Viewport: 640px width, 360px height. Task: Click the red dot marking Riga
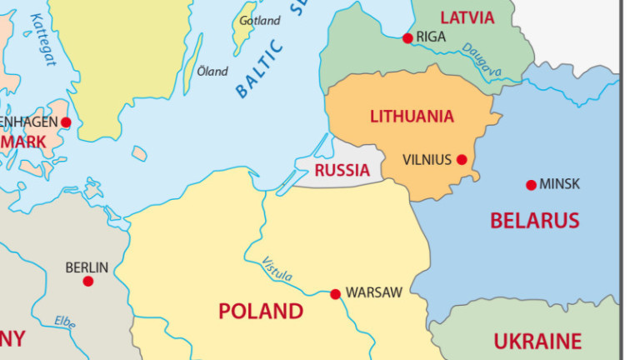click(x=407, y=37)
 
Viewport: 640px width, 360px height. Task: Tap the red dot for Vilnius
click(x=461, y=159)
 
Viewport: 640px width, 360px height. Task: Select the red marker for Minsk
click(x=531, y=184)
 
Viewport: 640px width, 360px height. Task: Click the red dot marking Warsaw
click(x=335, y=293)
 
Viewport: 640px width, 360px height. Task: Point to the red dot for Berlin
click(x=87, y=281)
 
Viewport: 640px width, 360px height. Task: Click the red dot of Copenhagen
click(x=66, y=122)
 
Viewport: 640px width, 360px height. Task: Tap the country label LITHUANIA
click(x=412, y=117)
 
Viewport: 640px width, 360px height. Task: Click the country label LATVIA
click(x=467, y=17)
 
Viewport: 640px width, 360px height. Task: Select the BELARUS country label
click(x=534, y=221)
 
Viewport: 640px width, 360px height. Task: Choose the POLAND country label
click(x=260, y=312)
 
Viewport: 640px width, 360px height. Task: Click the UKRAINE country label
click(x=537, y=341)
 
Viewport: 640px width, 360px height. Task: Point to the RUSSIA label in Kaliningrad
click(x=342, y=171)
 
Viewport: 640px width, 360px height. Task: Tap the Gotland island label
click(x=259, y=20)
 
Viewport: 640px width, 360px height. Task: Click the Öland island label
click(x=212, y=72)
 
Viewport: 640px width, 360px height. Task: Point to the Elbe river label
click(x=64, y=322)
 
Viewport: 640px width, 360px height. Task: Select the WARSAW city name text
click(x=373, y=292)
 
